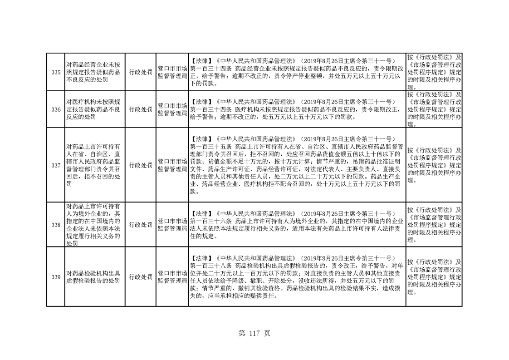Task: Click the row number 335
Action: (56, 72)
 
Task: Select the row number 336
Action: (56, 109)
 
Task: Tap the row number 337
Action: (56, 165)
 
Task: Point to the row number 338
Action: (56, 225)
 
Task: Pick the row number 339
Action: (56, 277)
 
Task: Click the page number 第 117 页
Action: (254, 333)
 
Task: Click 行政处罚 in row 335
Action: (141, 72)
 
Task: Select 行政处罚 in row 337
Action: (141, 165)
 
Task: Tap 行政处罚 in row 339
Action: (141, 277)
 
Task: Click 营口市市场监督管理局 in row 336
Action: (172, 109)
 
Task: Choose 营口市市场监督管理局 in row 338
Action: (172, 225)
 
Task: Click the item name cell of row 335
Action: (93, 72)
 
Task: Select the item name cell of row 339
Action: (93, 277)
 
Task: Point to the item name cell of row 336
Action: (93, 109)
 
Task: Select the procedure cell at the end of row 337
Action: (434, 165)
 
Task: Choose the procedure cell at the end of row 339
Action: (434, 277)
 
